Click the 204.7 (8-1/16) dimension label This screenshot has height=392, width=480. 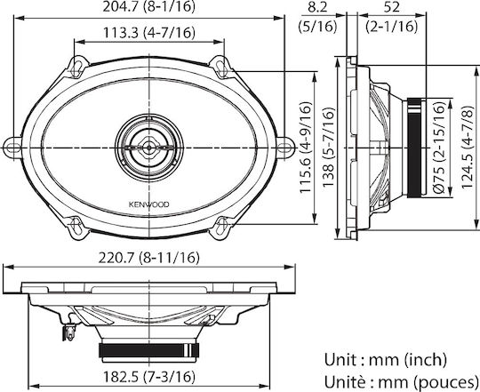click(x=148, y=7)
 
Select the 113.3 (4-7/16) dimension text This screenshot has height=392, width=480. click(x=149, y=32)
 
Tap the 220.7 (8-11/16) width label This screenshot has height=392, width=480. click(x=148, y=258)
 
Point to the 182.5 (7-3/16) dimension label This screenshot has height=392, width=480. click(x=148, y=376)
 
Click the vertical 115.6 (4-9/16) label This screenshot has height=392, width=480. click(x=306, y=148)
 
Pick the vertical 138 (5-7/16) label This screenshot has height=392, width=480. click(x=329, y=148)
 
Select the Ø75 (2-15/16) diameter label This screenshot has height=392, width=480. click(x=439, y=148)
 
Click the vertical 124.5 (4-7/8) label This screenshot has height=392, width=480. click(x=468, y=148)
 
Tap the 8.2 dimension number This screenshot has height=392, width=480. click(x=317, y=7)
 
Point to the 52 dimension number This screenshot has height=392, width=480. click(x=392, y=7)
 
